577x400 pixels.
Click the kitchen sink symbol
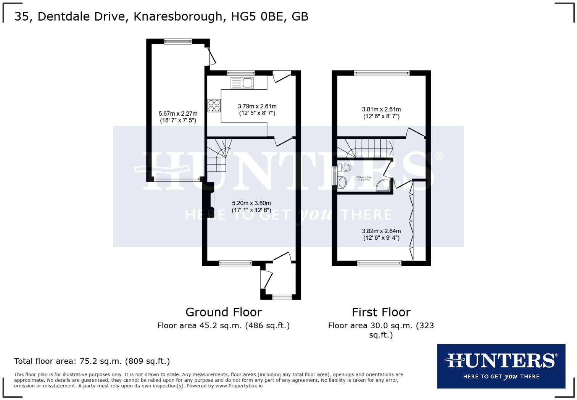(x=242, y=83)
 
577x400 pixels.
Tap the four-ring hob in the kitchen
(x=214, y=105)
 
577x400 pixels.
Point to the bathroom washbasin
(x=342, y=182)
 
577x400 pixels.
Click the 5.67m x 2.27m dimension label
(x=178, y=117)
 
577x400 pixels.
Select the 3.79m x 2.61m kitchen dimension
(x=257, y=110)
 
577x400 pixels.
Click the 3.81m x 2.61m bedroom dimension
(x=381, y=113)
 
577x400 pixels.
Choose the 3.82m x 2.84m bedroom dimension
(x=381, y=234)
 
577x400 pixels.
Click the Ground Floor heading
(x=223, y=312)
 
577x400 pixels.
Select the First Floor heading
(x=381, y=312)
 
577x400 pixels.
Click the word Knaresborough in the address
(x=177, y=16)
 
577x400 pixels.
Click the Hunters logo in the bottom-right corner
(x=501, y=366)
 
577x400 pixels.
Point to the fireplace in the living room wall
(x=211, y=204)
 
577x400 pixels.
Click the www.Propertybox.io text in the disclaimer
(x=239, y=386)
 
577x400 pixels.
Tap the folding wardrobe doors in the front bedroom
(x=411, y=222)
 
